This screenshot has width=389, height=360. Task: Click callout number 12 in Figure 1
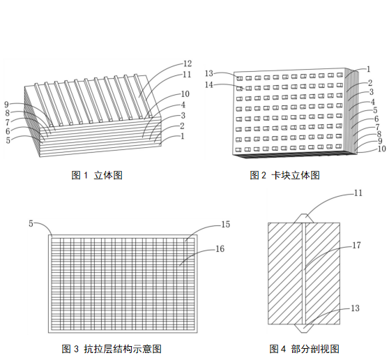[188, 63]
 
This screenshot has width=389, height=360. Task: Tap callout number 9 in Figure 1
[7, 105]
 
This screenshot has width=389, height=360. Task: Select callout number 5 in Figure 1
[8, 140]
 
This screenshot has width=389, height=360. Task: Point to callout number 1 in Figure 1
[183, 136]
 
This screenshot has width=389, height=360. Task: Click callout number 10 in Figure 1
[185, 94]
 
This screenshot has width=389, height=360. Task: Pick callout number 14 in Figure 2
[209, 85]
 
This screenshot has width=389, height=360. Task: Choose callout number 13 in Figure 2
[209, 73]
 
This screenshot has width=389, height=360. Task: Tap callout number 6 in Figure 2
[376, 119]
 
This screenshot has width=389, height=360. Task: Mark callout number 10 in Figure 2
[381, 149]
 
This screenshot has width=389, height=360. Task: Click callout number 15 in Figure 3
[225, 224]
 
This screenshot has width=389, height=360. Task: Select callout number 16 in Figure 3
[220, 249]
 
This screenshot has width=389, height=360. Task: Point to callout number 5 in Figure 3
[31, 223]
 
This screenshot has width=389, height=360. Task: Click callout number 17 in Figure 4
[356, 246]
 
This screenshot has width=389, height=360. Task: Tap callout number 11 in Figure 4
[358, 193]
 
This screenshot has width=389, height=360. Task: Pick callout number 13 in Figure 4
[355, 308]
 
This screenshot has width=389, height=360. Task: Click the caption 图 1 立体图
[97, 175]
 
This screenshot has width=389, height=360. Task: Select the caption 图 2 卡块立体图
[285, 175]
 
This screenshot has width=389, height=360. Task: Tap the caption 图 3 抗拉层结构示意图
[112, 349]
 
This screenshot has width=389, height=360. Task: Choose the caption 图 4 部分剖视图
[305, 349]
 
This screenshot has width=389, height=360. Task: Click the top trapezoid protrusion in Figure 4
[304, 218]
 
